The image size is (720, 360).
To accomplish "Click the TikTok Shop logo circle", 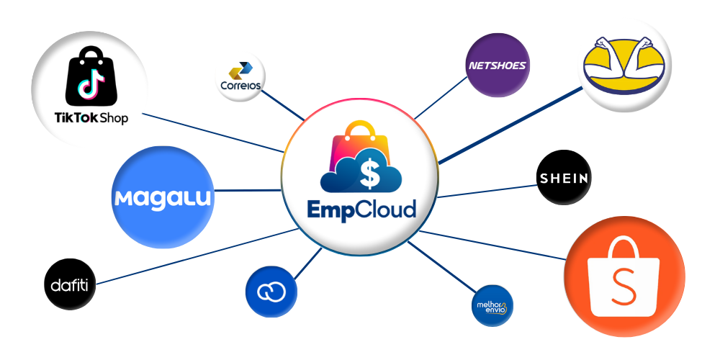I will [x=90, y=90].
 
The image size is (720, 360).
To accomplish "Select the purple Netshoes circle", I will [x=498, y=66].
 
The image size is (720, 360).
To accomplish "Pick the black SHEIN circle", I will [x=564, y=179].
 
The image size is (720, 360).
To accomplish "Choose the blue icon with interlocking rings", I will [x=271, y=292].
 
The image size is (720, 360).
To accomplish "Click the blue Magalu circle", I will [x=164, y=197].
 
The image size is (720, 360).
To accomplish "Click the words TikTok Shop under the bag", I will [x=91, y=117].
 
